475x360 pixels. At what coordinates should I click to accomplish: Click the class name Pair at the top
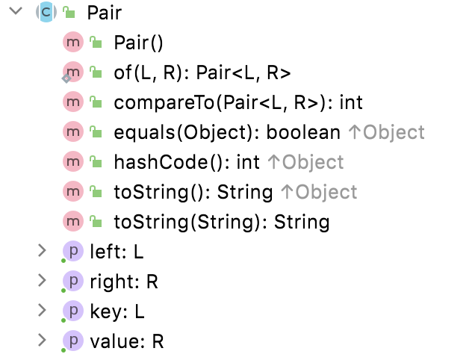(104, 13)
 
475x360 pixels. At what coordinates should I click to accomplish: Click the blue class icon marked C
(46, 13)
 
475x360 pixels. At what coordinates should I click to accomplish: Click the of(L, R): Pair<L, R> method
(202, 72)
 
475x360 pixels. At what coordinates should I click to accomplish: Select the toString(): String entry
(193, 192)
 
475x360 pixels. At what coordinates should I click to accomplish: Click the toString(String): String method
(221, 222)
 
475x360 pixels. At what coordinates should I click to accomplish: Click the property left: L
(116, 252)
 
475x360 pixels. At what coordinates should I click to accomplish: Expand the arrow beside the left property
(42, 252)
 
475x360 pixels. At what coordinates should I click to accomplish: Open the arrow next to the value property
(42, 341)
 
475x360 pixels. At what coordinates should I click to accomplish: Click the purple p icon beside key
(73, 311)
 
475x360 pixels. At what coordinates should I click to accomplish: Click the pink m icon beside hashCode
(73, 162)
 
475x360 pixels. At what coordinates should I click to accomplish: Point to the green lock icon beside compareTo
(95, 102)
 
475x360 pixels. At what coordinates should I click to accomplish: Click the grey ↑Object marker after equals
(386, 132)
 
